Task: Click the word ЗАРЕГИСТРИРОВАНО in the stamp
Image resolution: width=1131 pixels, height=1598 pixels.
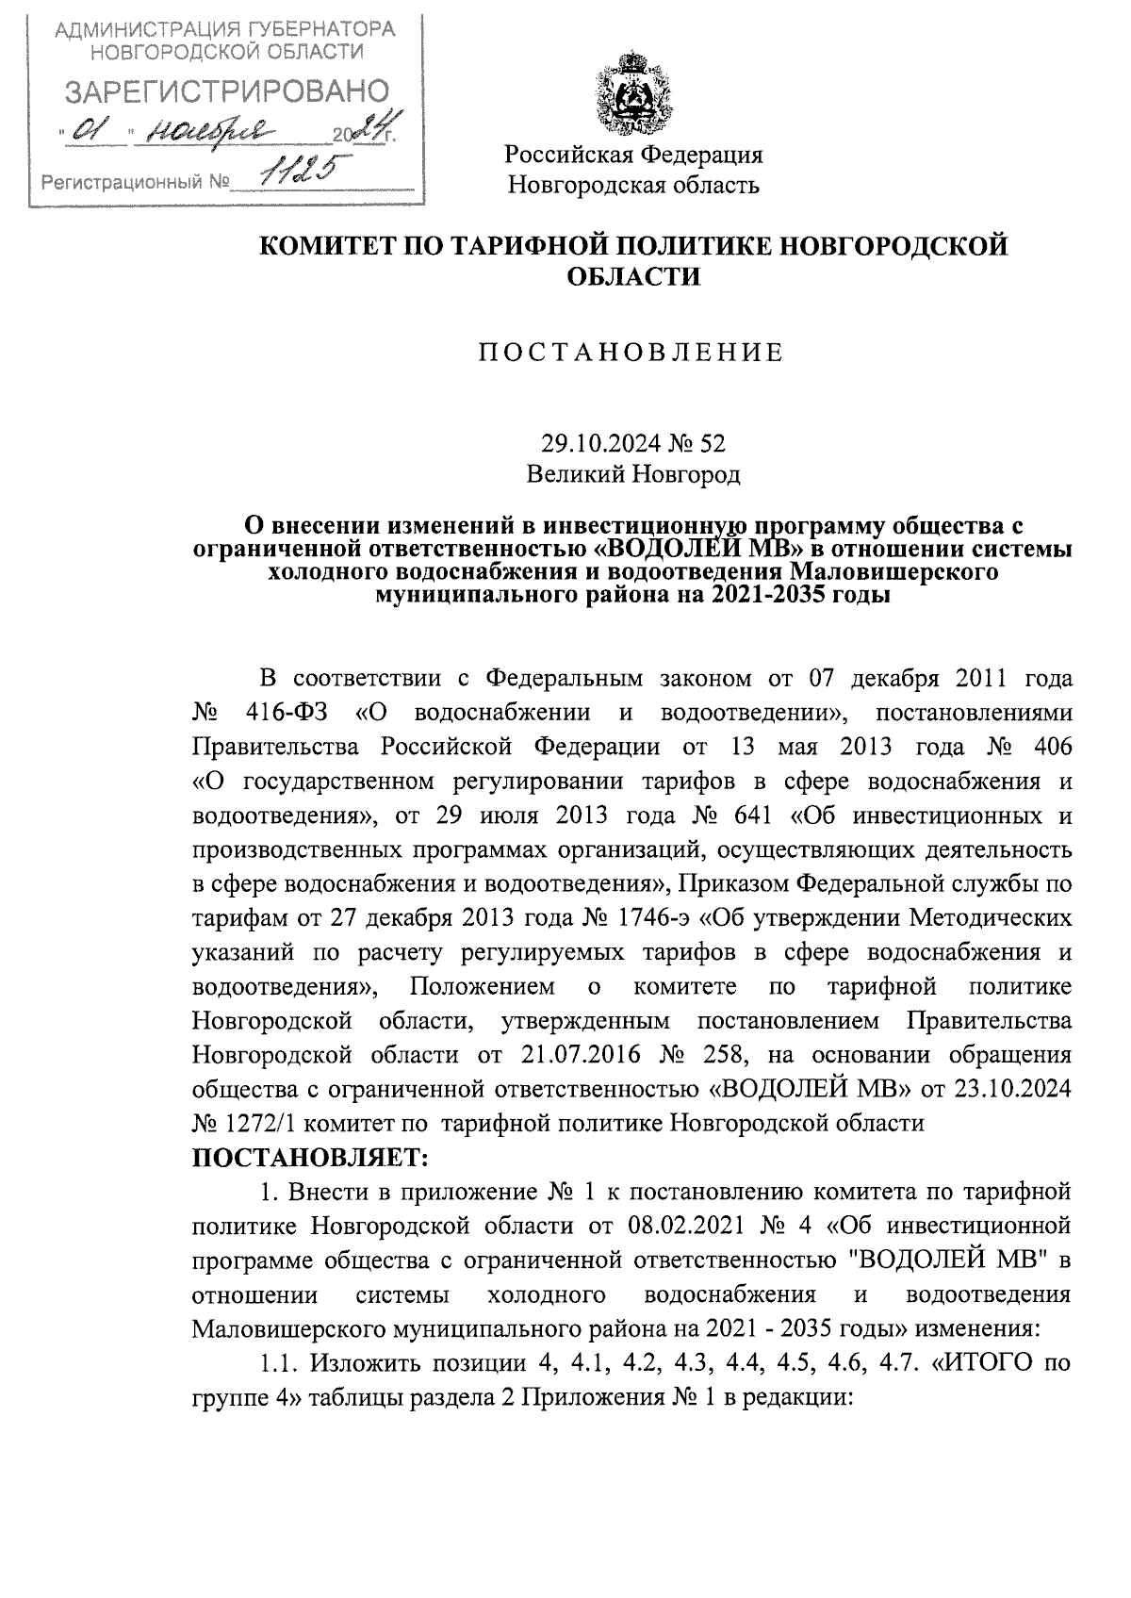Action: coord(225,91)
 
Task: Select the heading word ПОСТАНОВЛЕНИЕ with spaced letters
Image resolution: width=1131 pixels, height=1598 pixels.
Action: coord(632,353)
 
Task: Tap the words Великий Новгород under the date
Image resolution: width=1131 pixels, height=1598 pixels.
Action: coord(633,474)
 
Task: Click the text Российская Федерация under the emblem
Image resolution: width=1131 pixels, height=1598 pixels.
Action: coord(633,154)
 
